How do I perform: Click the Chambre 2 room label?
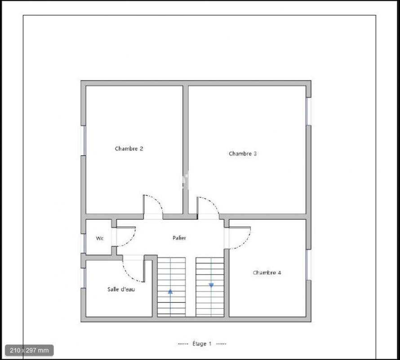129,148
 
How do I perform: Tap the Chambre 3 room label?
243,153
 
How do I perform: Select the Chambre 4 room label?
267,273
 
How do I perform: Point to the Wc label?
100,238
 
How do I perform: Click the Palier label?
179,238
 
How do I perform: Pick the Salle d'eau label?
121,289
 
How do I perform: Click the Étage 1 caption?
202,344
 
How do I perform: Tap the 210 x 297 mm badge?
29,350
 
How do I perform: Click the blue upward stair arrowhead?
170,291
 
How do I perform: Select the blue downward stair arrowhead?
211,285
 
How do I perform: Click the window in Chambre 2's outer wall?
84,140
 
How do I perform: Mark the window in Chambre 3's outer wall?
309,111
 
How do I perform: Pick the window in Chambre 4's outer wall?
309,265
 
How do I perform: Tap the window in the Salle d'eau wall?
84,278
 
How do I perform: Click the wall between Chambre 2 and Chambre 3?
186,150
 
